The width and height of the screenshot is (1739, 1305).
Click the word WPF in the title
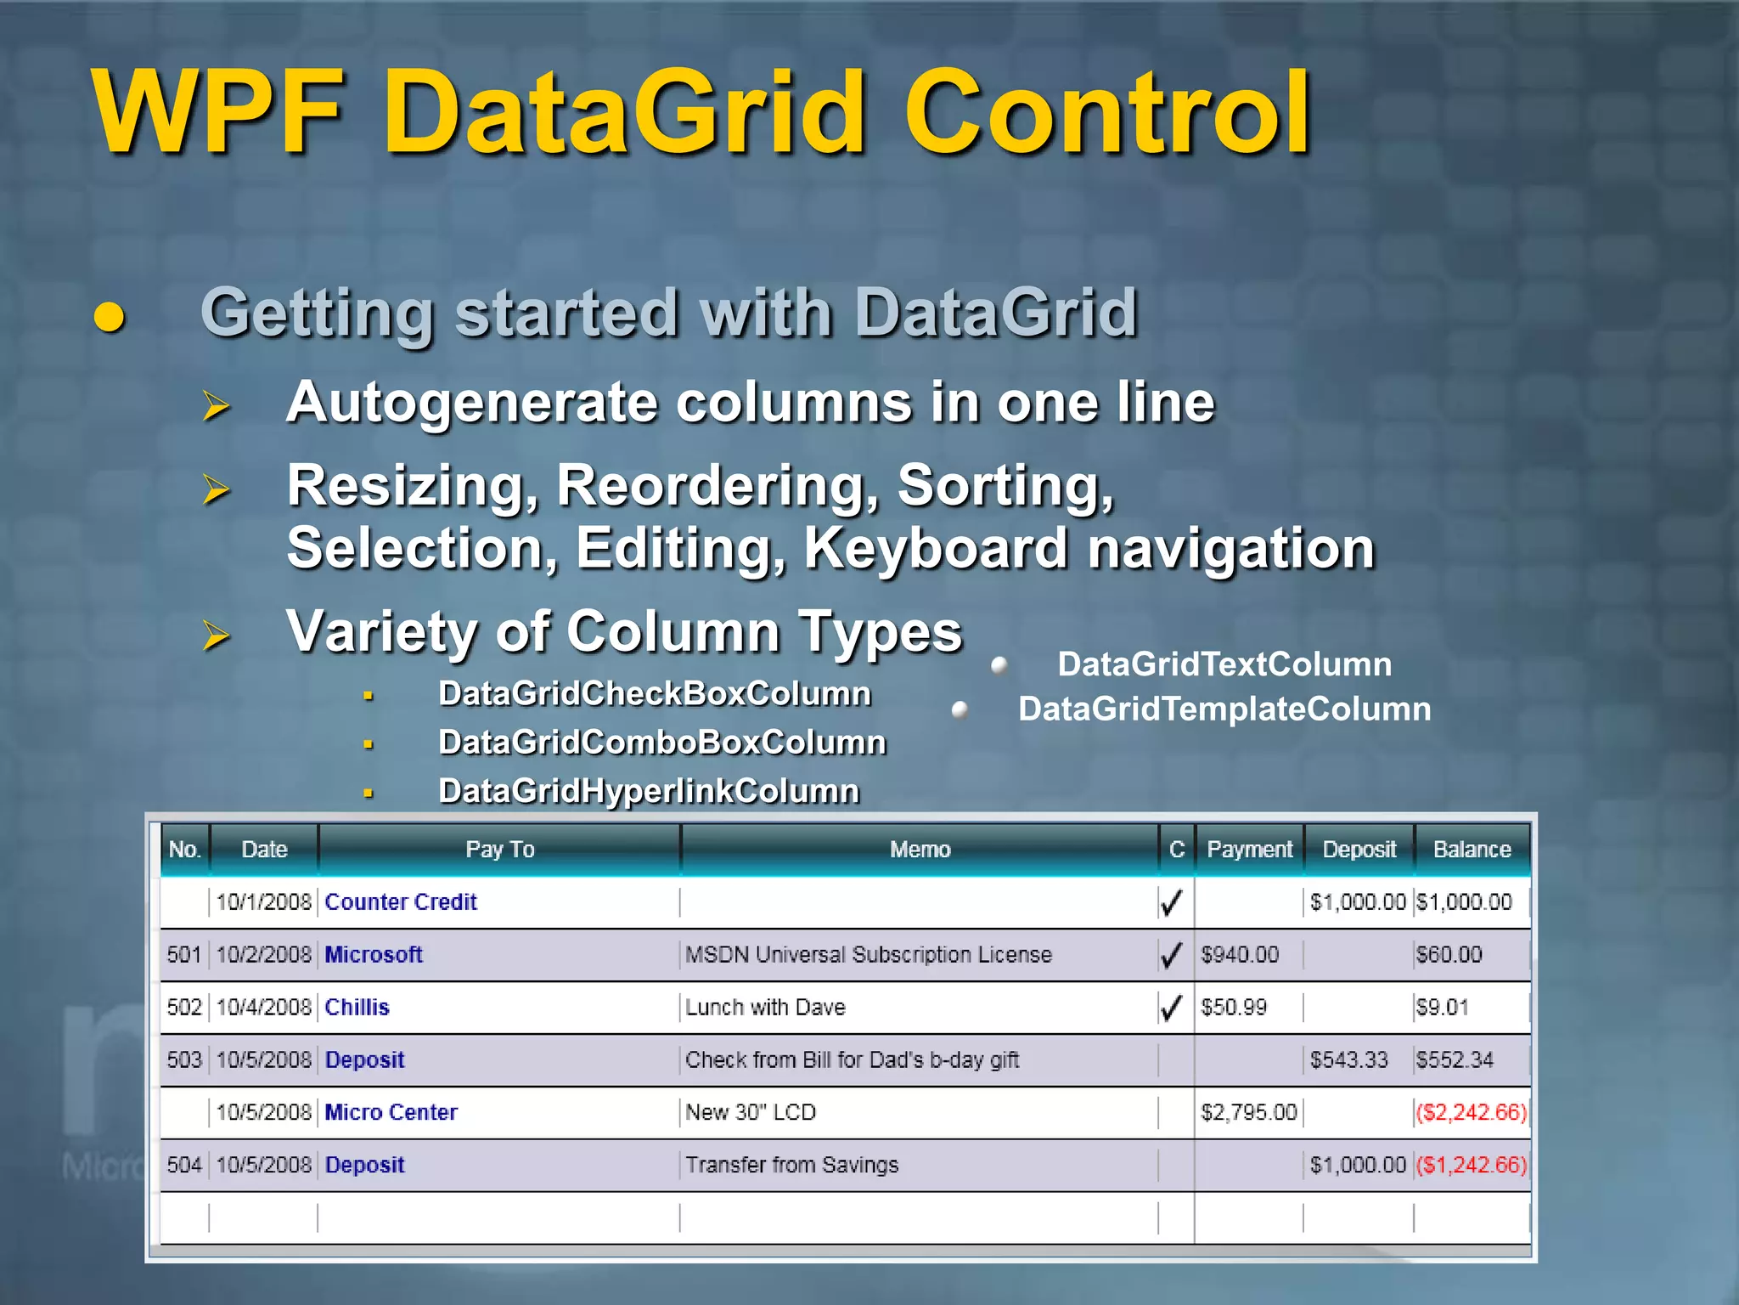pyautogui.click(x=217, y=112)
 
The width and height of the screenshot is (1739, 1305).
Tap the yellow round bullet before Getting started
pyautogui.click(x=109, y=317)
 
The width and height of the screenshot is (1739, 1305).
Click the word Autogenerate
pyautogui.click(x=470, y=402)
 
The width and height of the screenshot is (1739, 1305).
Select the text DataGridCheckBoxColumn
pyautogui.click(x=655, y=694)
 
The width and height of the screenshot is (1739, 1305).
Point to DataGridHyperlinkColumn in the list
pyautogui.click(x=649, y=791)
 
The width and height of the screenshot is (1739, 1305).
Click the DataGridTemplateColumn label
pyautogui.click(x=1224, y=709)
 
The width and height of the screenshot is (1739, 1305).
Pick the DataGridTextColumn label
pyautogui.click(x=1224, y=664)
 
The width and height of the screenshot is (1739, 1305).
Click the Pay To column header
pyautogui.click(x=500, y=850)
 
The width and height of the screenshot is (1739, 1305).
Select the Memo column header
pyautogui.click(x=920, y=850)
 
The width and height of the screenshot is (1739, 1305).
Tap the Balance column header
pyautogui.click(x=1472, y=850)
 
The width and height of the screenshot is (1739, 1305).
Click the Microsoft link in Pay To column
pyautogui.click(x=374, y=955)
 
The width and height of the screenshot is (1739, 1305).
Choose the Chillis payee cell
pyautogui.click(x=357, y=1008)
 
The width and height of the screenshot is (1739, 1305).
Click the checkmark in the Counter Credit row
pyautogui.click(x=1172, y=902)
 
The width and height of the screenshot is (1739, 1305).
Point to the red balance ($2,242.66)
pyautogui.click(x=1472, y=1112)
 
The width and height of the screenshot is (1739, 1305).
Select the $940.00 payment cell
pyautogui.click(x=1240, y=955)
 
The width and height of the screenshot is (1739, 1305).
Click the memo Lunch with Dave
pyautogui.click(x=765, y=1008)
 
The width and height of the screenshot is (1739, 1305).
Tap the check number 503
pyautogui.click(x=184, y=1060)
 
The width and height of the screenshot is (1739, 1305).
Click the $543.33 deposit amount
pyautogui.click(x=1348, y=1060)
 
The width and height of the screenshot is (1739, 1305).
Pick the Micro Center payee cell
pyautogui.click(x=391, y=1112)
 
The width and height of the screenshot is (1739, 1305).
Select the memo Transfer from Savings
pyautogui.click(x=791, y=1165)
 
